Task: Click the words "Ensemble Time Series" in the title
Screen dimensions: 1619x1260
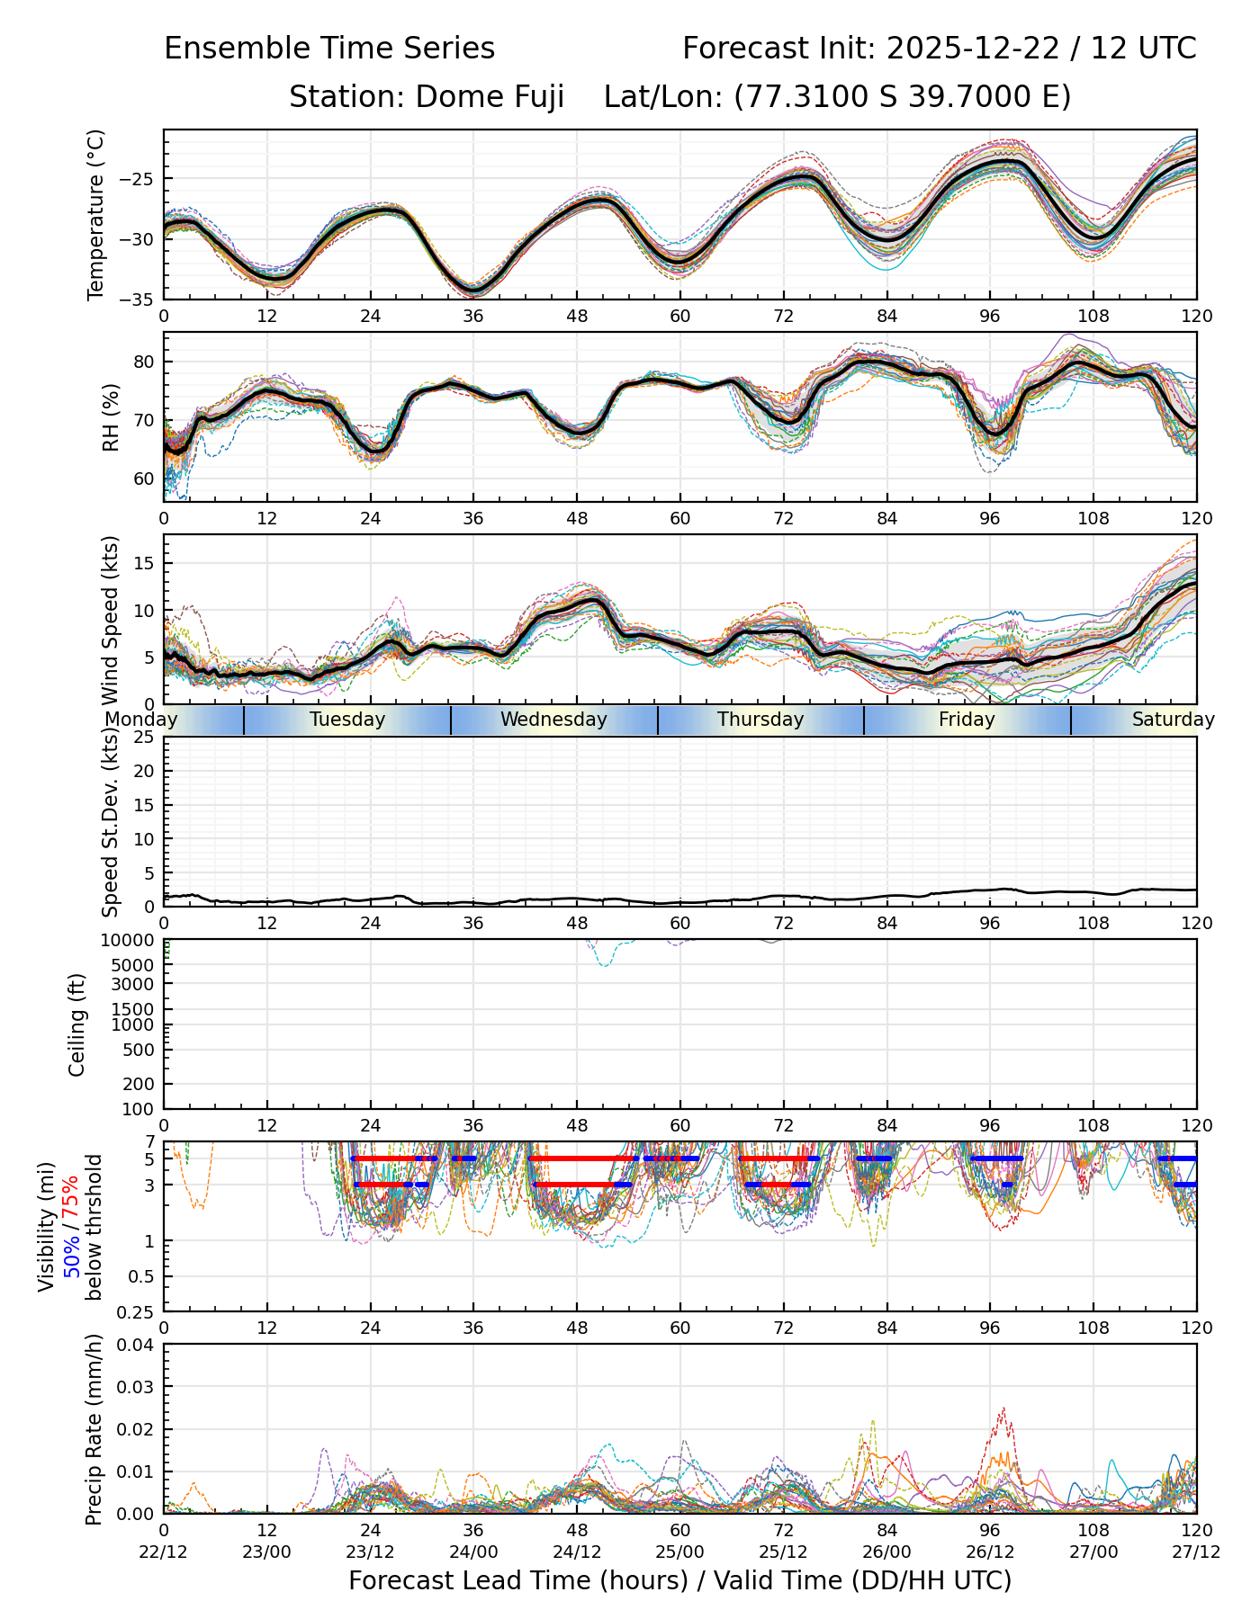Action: tap(329, 49)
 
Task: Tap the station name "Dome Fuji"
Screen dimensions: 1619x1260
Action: tap(490, 96)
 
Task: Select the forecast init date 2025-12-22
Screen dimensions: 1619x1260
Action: tap(974, 49)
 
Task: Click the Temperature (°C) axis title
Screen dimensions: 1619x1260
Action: tap(96, 214)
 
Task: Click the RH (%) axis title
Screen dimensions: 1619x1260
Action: tap(112, 416)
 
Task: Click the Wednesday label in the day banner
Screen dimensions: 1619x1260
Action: tap(553, 720)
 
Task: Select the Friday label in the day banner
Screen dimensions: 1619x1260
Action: tap(967, 720)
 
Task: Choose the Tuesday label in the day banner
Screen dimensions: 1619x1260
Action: tap(347, 720)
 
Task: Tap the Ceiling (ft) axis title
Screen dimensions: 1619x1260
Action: tap(77, 1024)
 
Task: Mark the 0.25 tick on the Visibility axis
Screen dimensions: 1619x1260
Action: tap(138, 1311)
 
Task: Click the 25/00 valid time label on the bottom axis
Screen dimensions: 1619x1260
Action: tap(679, 1552)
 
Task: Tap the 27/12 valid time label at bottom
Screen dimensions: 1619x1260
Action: tap(1196, 1552)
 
